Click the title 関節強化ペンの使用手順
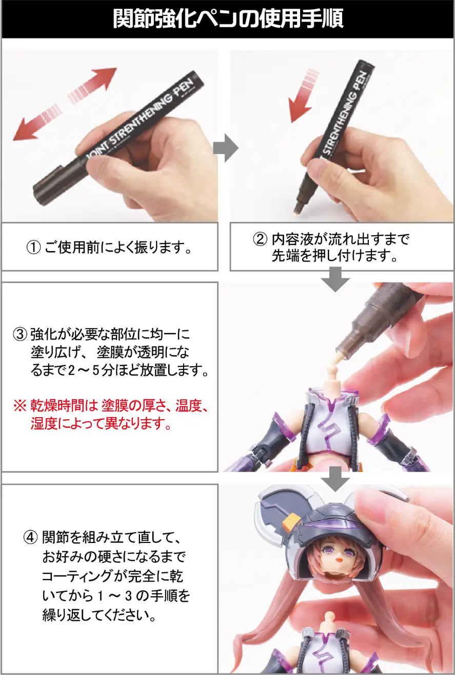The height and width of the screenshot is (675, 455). pos(228,20)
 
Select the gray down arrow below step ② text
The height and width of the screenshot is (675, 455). pos(335,280)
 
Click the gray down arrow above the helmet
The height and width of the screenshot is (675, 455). pos(335,478)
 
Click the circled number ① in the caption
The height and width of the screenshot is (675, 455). pos(34,249)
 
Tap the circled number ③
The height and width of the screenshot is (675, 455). pos(19,335)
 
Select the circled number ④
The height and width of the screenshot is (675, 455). pos(31,538)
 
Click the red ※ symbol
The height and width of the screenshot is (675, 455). pos(19,407)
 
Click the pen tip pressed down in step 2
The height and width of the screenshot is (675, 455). pos(297,209)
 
